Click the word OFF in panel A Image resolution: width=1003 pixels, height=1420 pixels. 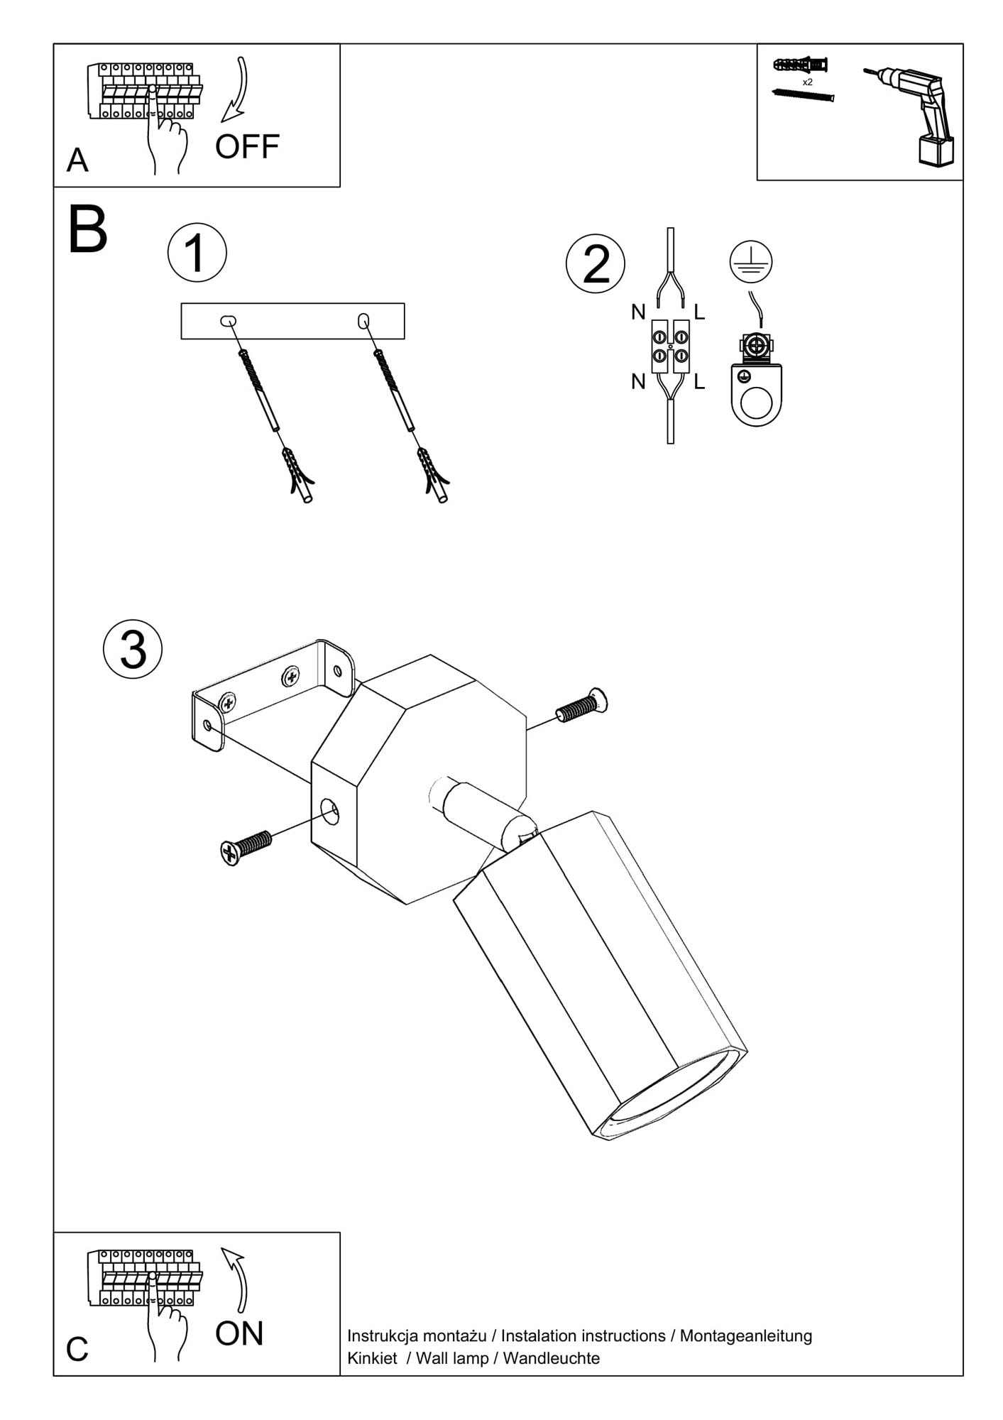247,147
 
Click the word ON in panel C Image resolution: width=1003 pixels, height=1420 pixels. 239,1334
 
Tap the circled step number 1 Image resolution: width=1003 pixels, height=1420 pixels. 197,253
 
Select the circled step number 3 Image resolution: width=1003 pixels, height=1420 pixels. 133,649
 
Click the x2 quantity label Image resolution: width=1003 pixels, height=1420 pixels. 807,82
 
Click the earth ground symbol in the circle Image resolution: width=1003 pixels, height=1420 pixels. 750,261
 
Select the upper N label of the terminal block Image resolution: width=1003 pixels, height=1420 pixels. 638,312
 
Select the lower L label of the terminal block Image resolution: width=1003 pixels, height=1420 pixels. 699,383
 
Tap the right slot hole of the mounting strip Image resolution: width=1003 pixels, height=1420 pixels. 363,321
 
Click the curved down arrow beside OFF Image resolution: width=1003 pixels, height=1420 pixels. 238,89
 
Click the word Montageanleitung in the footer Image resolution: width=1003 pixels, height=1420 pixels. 745,1336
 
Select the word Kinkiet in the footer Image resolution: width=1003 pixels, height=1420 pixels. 372,1358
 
